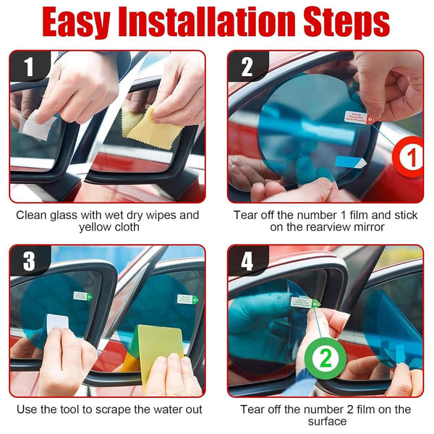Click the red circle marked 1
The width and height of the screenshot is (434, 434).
[x=410, y=157]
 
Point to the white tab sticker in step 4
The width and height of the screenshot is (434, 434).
[x=302, y=302]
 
